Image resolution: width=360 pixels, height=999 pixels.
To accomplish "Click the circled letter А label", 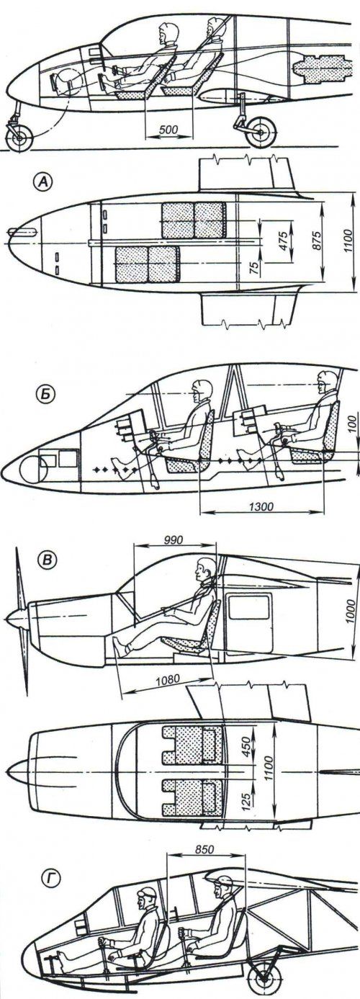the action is pos(44,181).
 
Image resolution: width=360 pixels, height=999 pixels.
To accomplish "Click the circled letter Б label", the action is pos(44,396).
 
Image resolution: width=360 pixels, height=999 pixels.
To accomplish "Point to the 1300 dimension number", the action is pos(261,506).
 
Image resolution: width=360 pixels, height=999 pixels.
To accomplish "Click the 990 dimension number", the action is pos(174,539).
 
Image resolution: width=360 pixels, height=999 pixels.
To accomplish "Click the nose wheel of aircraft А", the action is pos(19,137).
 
